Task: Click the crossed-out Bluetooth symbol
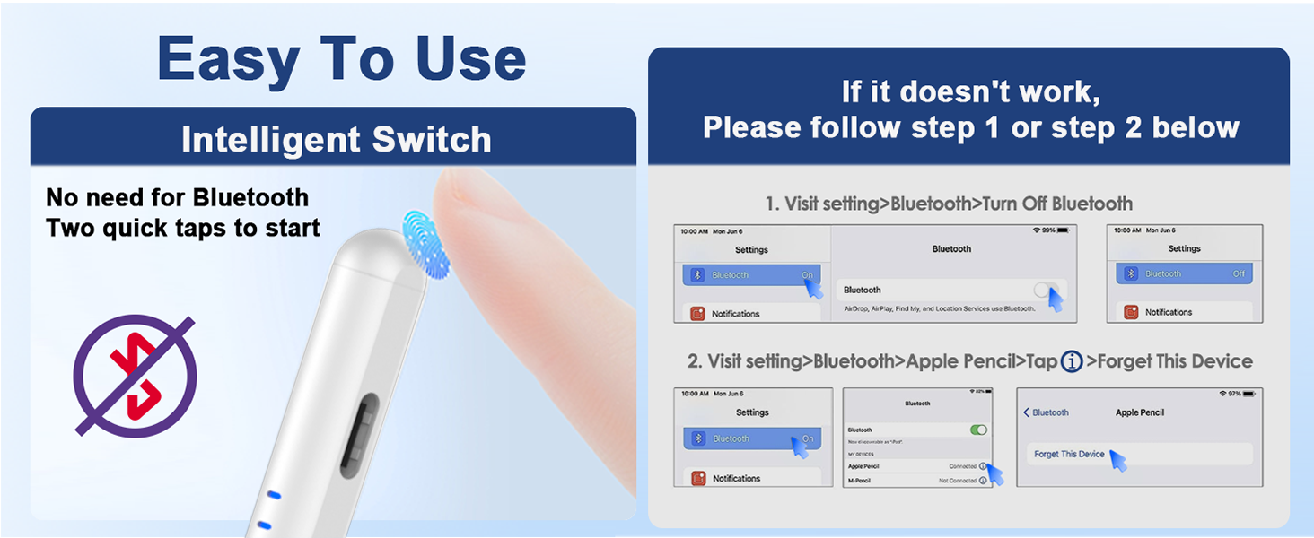coord(135,375)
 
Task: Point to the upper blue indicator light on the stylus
coord(275,494)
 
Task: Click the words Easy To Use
coord(341,59)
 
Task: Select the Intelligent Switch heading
coord(336,140)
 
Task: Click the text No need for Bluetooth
coord(177,197)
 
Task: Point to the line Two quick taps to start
coord(183,228)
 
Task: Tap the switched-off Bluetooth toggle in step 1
coord(1046,290)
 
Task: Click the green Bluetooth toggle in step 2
coord(978,430)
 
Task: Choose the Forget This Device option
coord(1069,454)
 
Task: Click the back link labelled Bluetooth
coord(1047,412)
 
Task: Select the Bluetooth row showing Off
coord(1184,273)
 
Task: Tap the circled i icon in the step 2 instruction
coord(1072,361)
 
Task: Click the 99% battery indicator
coord(1051,230)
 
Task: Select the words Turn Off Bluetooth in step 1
coord(1057,204)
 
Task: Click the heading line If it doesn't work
coord(970,92)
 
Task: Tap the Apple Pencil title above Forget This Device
coord(1139,412)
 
